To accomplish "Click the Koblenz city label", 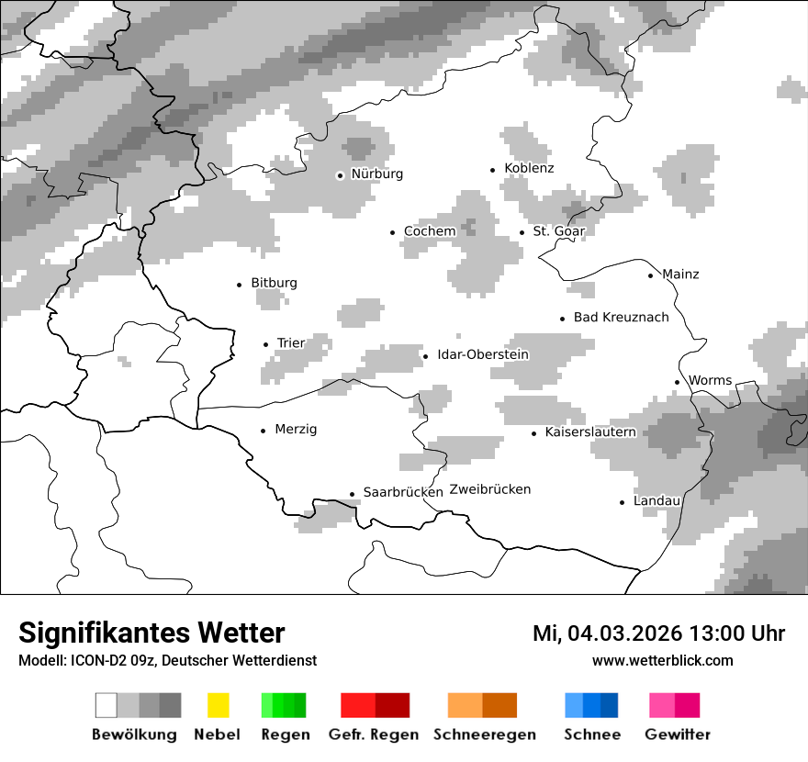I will click(529, 168).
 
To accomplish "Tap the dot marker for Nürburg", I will click(341, 174).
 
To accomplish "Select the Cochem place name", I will click(430, 231).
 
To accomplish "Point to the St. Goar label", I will click(558, 231).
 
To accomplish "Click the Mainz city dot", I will click(651, 275).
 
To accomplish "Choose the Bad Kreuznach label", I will click(621, 318).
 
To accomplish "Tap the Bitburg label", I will click(274, 283).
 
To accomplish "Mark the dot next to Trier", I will click(266, 344).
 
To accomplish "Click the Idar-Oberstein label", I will click(483, 354).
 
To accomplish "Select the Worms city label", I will click(710, 380).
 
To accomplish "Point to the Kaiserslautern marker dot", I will click(534, 432).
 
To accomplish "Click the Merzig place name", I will click(296, 430).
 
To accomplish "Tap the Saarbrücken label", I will click(403, 492).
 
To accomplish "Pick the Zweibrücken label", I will click(490, 489).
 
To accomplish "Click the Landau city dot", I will click(623, 502).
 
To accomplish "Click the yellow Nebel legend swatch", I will click(219, 705).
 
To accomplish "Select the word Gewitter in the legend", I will click(678, 734).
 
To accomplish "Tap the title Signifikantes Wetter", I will click(151, 633).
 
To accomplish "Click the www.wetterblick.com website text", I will click(663, 660).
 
